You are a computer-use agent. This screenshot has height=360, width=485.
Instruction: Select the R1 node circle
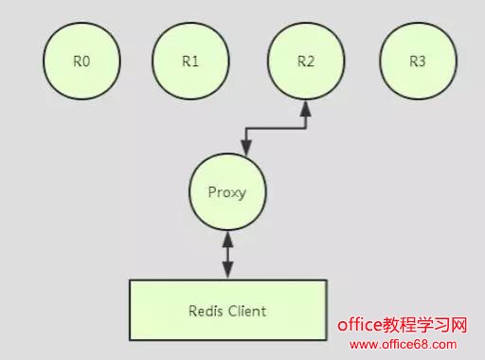[x=190, y=62]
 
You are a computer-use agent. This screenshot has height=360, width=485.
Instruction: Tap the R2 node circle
[x=304, y=62]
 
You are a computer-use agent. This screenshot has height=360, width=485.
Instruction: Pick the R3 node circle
[x=417, y=62]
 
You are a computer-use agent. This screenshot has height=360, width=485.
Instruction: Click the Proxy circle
[x=226, y=192]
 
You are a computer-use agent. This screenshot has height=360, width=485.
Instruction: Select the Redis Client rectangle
[x=226, y=311]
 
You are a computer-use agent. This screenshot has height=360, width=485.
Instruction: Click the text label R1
[x=190, y=62]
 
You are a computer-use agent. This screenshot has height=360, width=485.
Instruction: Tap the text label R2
[x=304, y=62]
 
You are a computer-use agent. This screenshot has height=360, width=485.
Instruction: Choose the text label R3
[x=417, y=62]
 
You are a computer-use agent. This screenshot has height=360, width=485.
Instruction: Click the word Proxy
[x=226, y=192]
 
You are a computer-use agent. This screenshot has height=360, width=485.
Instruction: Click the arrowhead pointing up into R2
[x=305, y=108]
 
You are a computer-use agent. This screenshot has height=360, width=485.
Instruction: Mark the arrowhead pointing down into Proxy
[x=246, y=149]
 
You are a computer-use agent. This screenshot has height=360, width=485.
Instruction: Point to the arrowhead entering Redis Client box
[x=227, y=273]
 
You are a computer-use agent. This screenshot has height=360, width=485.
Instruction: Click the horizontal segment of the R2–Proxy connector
[x=276, y=132]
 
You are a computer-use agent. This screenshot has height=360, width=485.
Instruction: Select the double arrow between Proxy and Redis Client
[x=227, y=253]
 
